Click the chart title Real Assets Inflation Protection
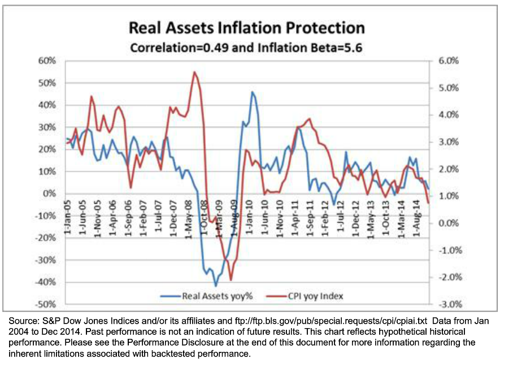[246, 28]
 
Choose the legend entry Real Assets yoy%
[212, 295]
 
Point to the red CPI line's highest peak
[194, 72]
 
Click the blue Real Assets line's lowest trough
[215, 286]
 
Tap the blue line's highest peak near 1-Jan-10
[253, 92]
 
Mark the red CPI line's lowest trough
[231, 279]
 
